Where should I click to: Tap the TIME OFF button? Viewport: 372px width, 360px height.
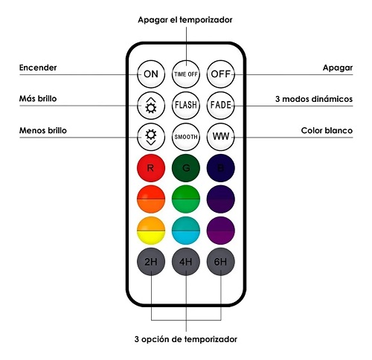pos(186,74)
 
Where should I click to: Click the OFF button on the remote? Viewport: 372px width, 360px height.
pos(220,74)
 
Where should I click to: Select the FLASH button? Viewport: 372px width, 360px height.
pos(186,106)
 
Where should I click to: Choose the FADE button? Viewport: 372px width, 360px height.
pos(220,106)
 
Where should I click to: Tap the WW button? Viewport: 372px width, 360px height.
pos(220,137)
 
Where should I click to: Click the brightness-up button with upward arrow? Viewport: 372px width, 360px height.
pos(151,106)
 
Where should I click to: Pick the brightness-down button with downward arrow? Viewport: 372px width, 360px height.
pos(151,137)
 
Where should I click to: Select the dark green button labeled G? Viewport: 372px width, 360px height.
pos(186,168)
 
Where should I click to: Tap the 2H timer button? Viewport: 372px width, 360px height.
pos(151,262)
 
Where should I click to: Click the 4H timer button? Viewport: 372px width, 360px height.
pos(186,262)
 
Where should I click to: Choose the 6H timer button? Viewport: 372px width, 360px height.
pos(220,262)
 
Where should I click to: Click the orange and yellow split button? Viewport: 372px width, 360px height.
pos(151,231)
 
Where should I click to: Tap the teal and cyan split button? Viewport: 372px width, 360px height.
pos(186,231)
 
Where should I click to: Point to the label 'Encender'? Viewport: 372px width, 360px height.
pos(38,68)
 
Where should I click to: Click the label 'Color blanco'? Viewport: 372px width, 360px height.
pos(327,130)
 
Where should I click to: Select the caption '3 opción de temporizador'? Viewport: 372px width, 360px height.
pos(186,339)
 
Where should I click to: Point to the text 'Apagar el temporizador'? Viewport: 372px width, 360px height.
pos(185,20)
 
